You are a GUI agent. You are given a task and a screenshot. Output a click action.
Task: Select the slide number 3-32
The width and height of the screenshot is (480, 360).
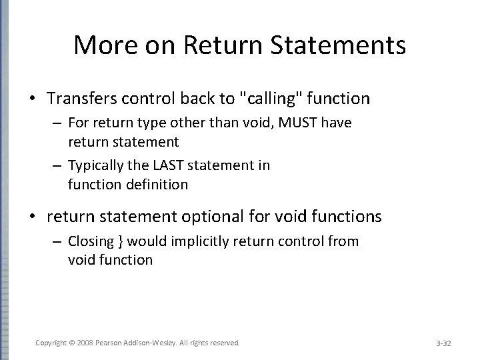click(x=443, y=343)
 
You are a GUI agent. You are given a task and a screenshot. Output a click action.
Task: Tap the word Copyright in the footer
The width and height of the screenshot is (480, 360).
click(x=51, y=342)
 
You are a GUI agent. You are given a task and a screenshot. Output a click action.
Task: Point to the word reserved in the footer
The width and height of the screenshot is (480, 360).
click(x=223, y=342)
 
